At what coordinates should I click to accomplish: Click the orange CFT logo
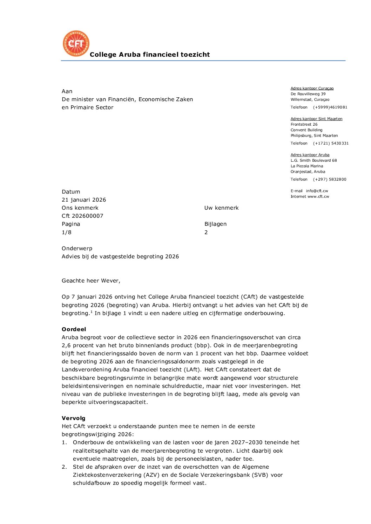(76, 43)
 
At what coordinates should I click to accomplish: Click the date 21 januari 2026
(84, 200)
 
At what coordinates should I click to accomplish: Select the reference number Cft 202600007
(82, 216)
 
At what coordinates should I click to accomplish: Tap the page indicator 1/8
(67, 232)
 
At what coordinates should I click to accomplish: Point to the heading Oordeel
(74, 329)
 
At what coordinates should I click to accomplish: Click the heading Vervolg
(74, 418)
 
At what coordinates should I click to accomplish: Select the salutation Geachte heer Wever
(91, 281)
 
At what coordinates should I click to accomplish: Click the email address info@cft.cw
(317, 191)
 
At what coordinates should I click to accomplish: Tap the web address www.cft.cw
(318, 197)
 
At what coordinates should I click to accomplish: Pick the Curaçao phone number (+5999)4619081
(330, 107)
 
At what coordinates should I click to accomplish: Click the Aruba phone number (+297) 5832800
(330, 180)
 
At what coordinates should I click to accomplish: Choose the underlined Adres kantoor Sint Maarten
(316, 119)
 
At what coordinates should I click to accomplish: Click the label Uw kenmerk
(221, 208)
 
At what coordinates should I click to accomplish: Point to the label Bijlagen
(215, 224)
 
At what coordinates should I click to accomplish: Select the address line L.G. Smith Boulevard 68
(313, 161)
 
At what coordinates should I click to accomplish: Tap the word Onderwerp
(77, 249)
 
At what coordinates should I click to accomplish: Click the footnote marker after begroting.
(92, 312)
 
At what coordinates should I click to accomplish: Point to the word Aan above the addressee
(67, 91)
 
